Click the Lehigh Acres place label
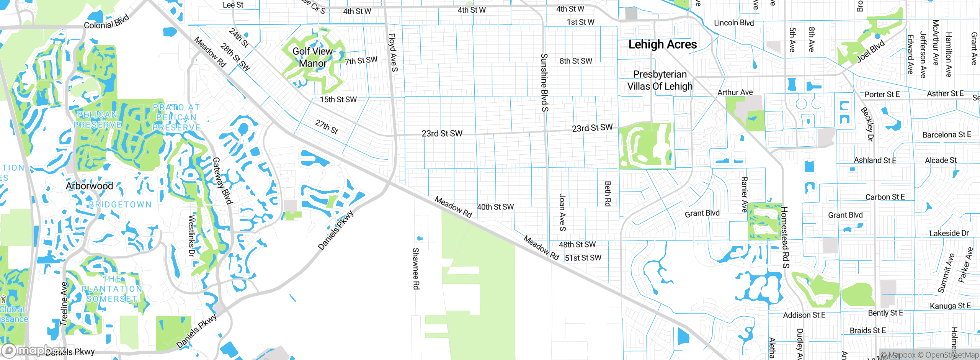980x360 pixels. coord(662,44)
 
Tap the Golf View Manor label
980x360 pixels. coord(312,57)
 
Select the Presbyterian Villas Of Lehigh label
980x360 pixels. coord(660,80)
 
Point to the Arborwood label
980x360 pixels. coord(89,186)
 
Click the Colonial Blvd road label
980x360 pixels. coord(106,22)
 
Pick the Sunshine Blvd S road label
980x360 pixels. coord(544,82)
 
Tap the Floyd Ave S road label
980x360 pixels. coord(393,52)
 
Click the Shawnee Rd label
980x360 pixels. coord(416,268)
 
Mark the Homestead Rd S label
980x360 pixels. coord(784,237)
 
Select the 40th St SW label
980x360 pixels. coord(495,207)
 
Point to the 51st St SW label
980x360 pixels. coord(583,258)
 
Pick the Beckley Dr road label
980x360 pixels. coord(867,124)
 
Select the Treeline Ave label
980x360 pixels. coord(64,304)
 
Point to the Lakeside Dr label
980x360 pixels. coord(949,233)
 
